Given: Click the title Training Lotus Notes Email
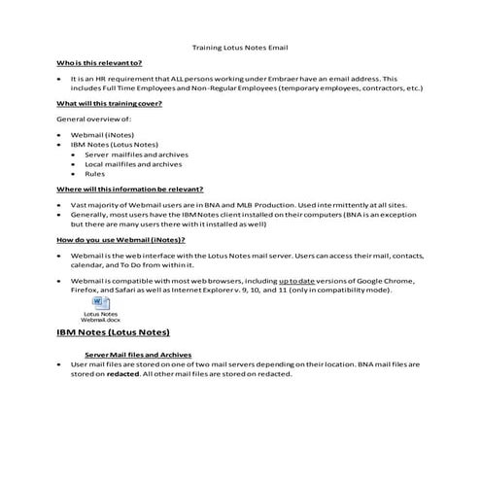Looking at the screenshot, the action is (x=240, y=47).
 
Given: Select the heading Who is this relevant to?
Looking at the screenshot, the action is (x=99, y=62).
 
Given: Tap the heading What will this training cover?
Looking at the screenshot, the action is (x=109, y=102).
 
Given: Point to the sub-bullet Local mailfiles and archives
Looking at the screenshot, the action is (x=132, y=164).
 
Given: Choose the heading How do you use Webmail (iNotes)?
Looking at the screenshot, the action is (x=120, y=239).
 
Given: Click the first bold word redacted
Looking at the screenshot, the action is (x=123, y=374).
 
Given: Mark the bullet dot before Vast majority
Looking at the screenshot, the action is (x=60, y=205).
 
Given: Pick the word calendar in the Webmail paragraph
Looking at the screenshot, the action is (x=88, y=263).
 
